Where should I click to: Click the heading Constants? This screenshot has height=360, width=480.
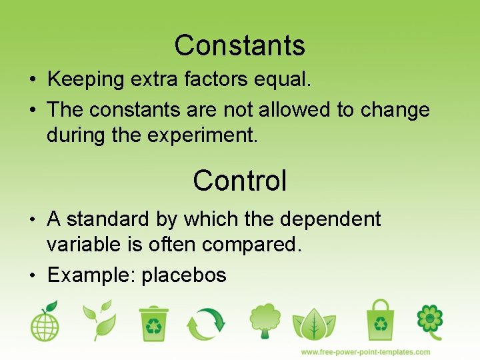pos(240,45)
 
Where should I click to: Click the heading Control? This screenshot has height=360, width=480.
pos(240,180)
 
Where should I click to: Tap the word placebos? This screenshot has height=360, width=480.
pos(184,275)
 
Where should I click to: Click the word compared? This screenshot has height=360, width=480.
pos(252,245)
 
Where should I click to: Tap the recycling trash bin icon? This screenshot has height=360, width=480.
pos(154,323)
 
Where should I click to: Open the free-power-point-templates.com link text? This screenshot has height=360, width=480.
pos(365,351)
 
